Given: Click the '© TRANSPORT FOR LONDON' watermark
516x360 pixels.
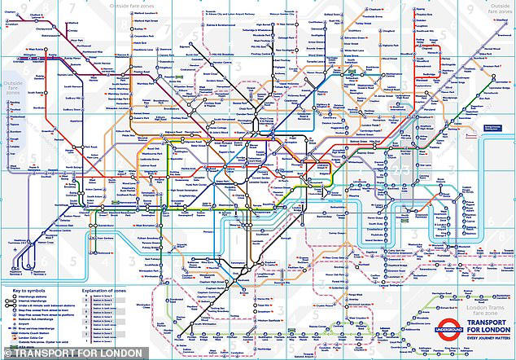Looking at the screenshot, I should coord(57,353).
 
